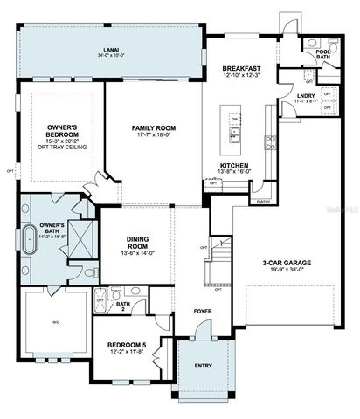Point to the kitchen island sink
point(235,134)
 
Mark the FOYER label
point(190,311)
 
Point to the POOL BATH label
point(324,49)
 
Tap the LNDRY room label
point(306,95)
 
